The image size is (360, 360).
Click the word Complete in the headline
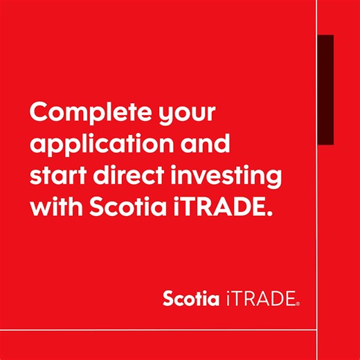tap(82, 111)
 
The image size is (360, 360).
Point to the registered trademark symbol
tap(298, 303)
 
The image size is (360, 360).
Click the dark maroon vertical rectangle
tap(325, 89)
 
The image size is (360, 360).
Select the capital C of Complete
tap(39, 111)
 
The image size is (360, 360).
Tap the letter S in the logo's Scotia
tap(169, 299)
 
